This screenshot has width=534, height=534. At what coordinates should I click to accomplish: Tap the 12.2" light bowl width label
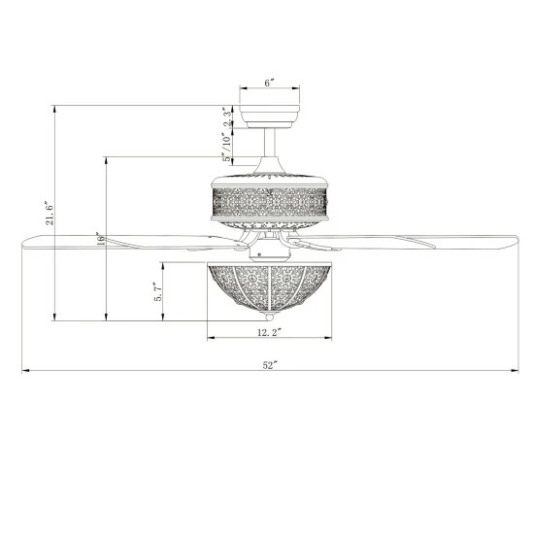click(269, 332)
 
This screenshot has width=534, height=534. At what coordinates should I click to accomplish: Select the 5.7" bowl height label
click(158, 291)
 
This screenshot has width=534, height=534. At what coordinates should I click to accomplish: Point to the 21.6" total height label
click(50, 215)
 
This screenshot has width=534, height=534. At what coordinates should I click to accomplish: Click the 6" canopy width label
click(269, 83)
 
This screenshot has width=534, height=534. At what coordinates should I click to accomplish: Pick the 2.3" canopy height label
click(227, 117)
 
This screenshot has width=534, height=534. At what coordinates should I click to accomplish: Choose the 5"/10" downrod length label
click(227, 147)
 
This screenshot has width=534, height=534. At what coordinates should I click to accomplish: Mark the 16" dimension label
click(101, 240)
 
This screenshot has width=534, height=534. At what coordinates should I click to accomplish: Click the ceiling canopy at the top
click(269, 117)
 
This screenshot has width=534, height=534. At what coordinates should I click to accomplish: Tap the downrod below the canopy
click(270, 143)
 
